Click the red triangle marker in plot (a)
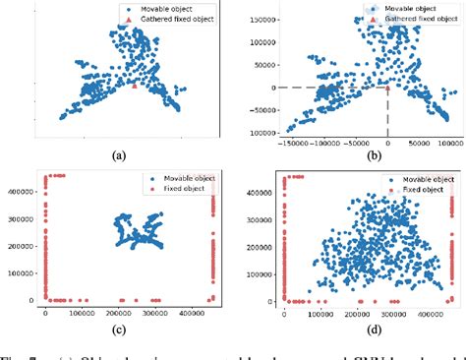tap(134, 87)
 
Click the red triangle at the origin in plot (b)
tap(388, 87)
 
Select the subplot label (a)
tap(119, 155)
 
